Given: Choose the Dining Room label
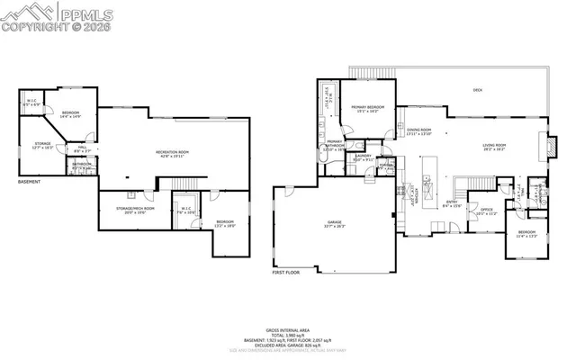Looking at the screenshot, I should click(419, 132).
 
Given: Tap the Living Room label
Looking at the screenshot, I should click(494, 146).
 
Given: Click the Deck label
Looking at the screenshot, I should click(478, 89).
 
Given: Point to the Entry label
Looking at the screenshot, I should click(454, 202).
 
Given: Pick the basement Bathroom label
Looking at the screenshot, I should click(79, 165).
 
